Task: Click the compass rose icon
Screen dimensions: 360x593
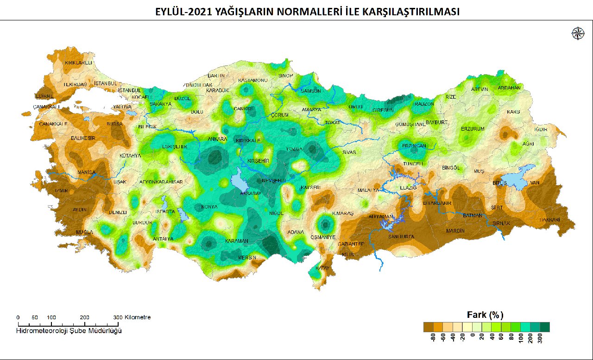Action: (x=578, y=34)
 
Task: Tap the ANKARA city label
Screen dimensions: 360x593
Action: (x=217, y=139)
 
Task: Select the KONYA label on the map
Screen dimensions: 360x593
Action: (x=208, y=207)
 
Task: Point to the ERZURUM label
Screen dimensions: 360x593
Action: (x=473, y=129)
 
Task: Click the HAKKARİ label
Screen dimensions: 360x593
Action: (x=550, y=220)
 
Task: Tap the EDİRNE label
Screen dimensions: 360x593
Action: (x=44, y=96)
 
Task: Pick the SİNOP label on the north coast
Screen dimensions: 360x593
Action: (x=285, y=76)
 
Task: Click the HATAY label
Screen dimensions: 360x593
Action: (x=322, y=268)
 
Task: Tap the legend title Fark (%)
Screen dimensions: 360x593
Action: (x=485, y=315)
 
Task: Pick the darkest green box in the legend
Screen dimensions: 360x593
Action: (x=545, y=327)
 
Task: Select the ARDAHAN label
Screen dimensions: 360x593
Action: (x=509, y=88)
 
